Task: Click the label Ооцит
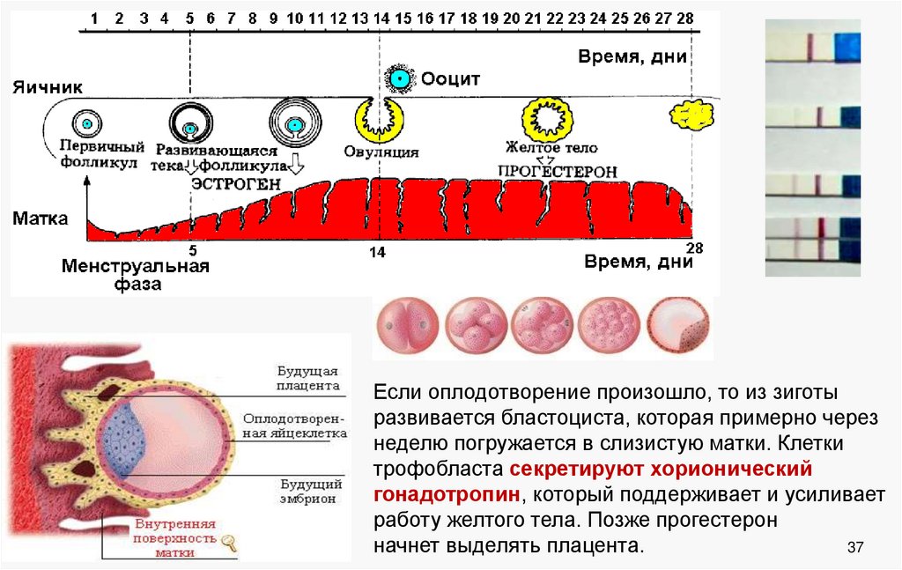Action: tap(451, 79)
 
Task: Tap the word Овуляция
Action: tap(382, 151)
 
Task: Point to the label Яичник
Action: tap(48, 87)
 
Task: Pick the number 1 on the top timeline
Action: tap(94, 18)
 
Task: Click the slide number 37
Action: tap(854, 548)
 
